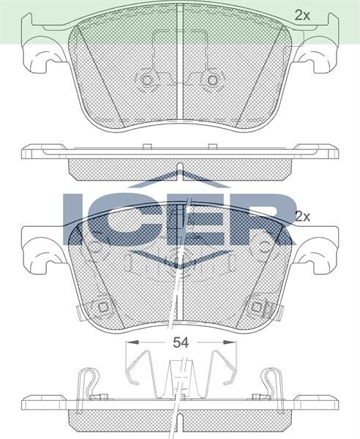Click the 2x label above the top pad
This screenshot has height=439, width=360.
pos(302,14)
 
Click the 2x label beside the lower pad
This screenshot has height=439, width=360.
pos(302,217)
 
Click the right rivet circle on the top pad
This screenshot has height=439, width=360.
pos(213,79)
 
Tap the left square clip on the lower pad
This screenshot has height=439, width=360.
pos(104,307)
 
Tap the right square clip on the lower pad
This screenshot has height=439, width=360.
pos(255,307)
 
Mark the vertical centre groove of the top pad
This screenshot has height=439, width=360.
pos(180,73)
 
